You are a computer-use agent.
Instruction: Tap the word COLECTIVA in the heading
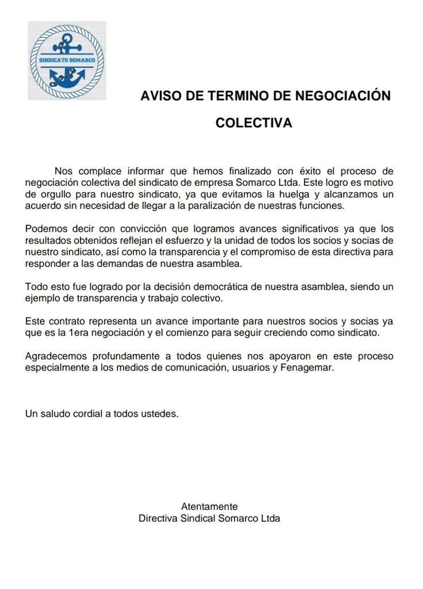(x=253, y=123)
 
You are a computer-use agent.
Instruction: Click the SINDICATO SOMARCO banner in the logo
(x=67, y=60)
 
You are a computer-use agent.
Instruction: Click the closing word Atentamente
(x=209, y=507)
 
